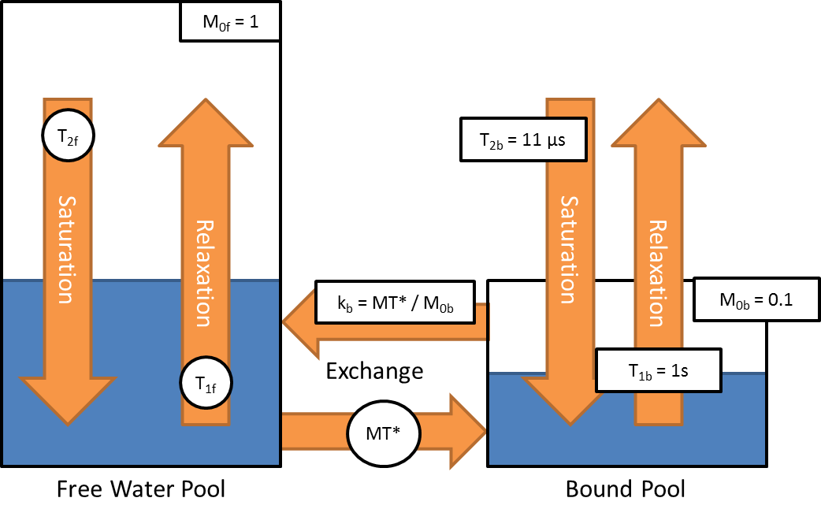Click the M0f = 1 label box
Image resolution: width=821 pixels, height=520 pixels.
pyautogui.click(x=231, y=22)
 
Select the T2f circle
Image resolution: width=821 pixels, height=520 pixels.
pyautogui.click(x=69, y=136)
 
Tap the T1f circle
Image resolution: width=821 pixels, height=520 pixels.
pyautogui.click(x=206, y=384)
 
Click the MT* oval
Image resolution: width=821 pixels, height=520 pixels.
pyautogui.click(x=384, y=433)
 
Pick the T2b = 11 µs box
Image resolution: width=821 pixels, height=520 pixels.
pyautogui.click(x=522, y=139)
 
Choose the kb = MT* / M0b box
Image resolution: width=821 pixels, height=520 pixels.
pyautogui.click(x=396, y=302)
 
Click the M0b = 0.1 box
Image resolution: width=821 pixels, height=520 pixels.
pyautogui.click(x=745, y=299)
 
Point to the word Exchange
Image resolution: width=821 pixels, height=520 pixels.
pyautogui.click(x=375, y=370)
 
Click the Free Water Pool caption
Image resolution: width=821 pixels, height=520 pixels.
pyautogui.click(x=141, y=489)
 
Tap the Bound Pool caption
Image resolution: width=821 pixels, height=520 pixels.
pyautogui.click(x=626, y=489)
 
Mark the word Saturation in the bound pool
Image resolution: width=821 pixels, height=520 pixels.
pyautogui.click(x=568, y=251)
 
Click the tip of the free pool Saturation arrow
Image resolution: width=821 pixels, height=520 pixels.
pyautogui.click(x=69, y=422)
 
